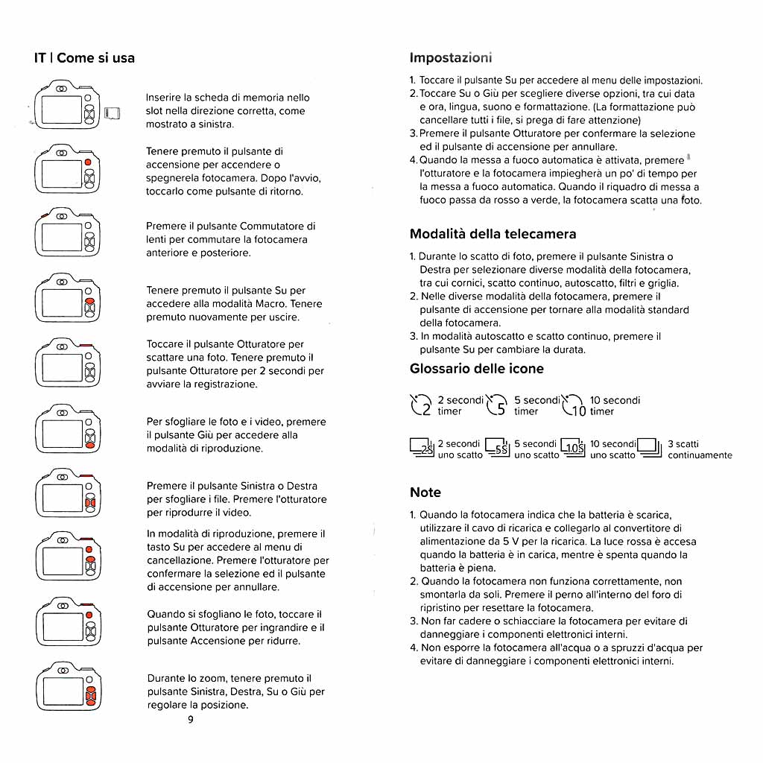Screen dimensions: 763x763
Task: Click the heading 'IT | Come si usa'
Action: [x=84, y=58]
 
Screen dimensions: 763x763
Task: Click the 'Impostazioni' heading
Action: [x=451, y=58]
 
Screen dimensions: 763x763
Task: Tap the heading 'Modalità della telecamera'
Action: [x=493, y=234]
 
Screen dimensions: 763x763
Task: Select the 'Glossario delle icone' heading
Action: [x=477, y=369]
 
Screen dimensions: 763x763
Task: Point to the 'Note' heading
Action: [x=425, y=493]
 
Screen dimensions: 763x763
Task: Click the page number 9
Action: [x=190, y=719]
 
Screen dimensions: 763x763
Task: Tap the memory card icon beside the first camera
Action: [x=113, y=113]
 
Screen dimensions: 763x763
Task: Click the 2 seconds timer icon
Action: [x=421, y=405]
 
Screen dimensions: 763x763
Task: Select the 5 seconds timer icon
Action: [x=497, y=405]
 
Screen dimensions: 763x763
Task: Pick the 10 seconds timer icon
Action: [x=574, y=405]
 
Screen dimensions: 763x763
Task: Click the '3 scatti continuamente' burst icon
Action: [x=650, y=449]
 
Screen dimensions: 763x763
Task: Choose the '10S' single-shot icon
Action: [x=573, y=449]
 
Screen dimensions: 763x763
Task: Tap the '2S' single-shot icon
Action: [x=422, y=449]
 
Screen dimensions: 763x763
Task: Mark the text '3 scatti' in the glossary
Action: [x=683, y=444]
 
